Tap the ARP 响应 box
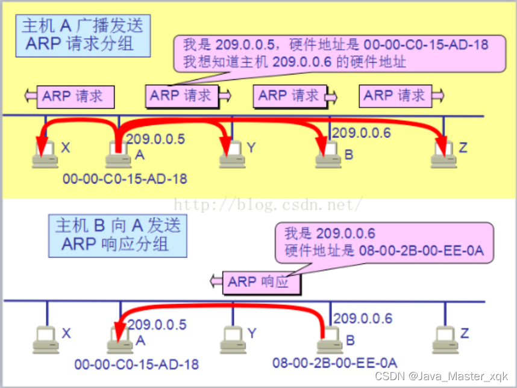[259, 282]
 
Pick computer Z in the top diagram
[445, 155]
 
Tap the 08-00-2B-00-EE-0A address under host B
[335, 363]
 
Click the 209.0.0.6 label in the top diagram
[362, 132]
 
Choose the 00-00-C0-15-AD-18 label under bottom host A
[136, 364]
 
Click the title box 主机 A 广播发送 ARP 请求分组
[83, 35]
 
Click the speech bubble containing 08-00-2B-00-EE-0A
[384, 242]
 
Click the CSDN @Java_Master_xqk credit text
[441, 377]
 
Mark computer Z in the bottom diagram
[445, 340]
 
